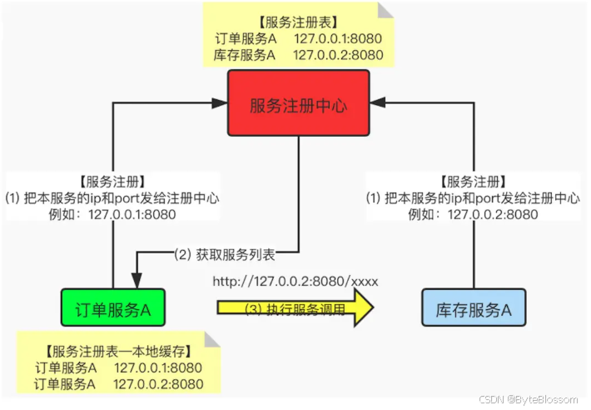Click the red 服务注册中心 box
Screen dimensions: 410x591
[x=298, y=103]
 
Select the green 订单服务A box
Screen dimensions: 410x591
[x=112, y=310]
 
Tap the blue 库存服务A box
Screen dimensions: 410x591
[x=474, y=310]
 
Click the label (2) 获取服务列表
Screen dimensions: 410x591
[x=224, y=252]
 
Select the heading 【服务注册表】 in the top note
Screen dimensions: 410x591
[x=297, y=23]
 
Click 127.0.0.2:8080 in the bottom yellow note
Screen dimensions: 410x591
[x=158, y=383]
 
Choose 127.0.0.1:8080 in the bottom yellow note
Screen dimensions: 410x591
[x=158, y=367]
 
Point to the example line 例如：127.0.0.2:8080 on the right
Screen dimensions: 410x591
[x=472, y=214]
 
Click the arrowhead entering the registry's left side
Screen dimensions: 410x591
[x=221, y=103]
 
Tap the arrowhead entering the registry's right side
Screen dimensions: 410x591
[x=377, y=103]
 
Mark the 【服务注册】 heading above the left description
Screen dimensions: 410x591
[x=112, y=182]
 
